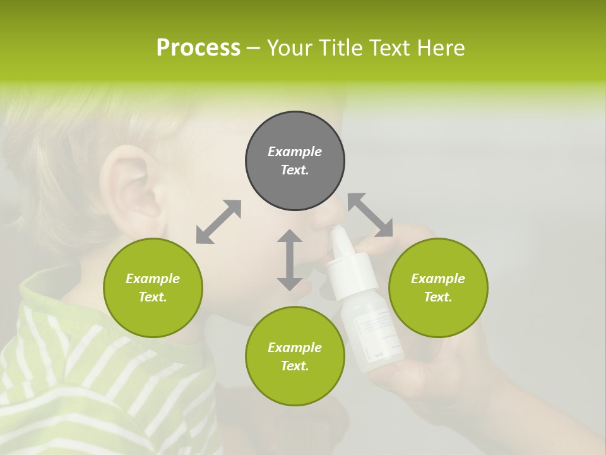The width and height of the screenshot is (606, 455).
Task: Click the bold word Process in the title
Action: coord(198,48)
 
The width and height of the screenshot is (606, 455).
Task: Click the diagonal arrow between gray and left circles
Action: coord(218,222)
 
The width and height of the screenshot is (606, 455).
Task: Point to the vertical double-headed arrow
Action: coord(290,260)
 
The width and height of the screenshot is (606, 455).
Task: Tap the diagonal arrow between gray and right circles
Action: coord(371,215)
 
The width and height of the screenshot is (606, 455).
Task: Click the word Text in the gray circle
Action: coord(295,170)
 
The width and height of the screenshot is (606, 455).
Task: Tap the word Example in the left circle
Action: coord(153,279)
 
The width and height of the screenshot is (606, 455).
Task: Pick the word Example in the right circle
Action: coord(438,279)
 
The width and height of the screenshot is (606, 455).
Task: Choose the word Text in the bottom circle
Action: coord(295,366)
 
